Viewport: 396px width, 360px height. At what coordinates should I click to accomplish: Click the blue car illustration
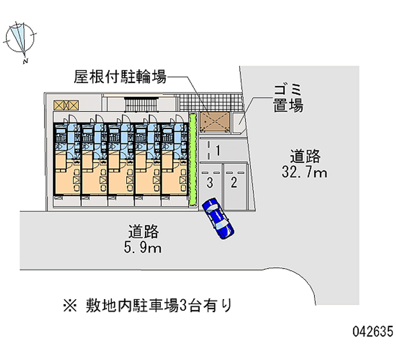(x=218, y=218)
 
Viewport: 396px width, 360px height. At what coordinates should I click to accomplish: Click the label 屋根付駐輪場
(x=120, y=77)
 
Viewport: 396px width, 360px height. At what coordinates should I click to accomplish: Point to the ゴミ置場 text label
(x=288, y=98)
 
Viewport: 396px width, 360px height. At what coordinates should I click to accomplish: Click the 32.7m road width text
(x=304, y=172)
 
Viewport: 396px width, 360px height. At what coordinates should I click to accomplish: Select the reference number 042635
(x=373, y=331)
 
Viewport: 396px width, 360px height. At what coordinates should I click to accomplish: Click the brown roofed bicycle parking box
(x=215, y=122)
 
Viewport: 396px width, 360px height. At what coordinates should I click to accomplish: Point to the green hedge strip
(x=193, y=160)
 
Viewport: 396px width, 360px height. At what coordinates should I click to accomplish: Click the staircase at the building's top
(x=141, y=104)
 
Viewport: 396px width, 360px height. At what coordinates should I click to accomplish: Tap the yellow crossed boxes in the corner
(x=66, y=105)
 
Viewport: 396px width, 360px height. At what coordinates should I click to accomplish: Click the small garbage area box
(x=239, y=122)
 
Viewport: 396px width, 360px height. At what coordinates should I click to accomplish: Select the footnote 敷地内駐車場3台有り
(x=158, y=306)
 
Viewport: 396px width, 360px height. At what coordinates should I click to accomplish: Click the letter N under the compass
(x=25, y=61)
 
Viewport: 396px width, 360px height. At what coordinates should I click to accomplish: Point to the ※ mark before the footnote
(x=70, y=306)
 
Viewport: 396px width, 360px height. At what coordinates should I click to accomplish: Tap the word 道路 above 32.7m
(x=305, y=156)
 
